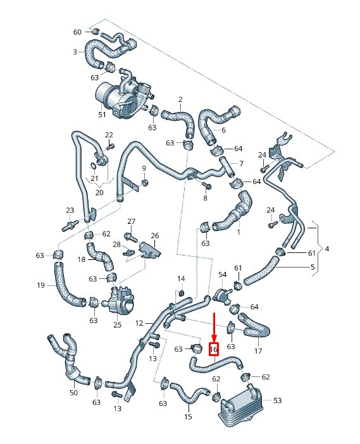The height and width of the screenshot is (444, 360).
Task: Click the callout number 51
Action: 102,115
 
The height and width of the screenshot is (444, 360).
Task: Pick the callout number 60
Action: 78,32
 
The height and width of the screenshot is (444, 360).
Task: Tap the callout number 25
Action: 117,325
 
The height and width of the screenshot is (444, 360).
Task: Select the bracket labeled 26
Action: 149,250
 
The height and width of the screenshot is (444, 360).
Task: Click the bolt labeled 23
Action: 70,223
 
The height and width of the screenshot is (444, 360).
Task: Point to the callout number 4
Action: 327,249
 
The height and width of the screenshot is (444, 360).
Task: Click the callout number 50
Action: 73,393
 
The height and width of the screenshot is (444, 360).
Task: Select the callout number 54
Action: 223,274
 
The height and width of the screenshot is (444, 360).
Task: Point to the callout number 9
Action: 144,168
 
